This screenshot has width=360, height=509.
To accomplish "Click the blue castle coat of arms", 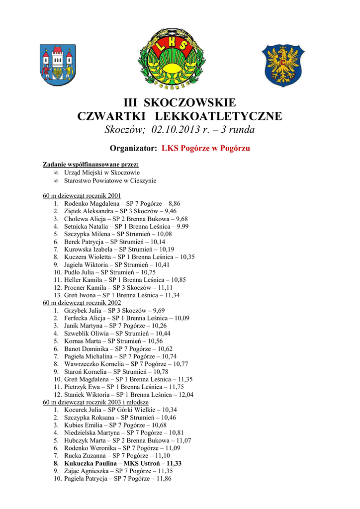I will [58, 65].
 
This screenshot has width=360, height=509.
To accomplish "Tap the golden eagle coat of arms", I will [283, 65].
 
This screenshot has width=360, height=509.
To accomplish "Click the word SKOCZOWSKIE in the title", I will [190, 103].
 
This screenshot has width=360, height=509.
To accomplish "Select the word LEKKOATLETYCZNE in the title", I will [219, 116].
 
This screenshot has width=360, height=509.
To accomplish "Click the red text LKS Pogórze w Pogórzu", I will [206, 149].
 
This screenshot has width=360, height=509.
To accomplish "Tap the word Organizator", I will [133, 149].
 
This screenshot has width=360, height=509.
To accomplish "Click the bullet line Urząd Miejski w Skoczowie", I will [101, 172].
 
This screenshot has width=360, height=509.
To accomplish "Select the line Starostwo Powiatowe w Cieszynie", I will [110, 180].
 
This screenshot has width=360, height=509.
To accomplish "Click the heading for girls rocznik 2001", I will [82, 196].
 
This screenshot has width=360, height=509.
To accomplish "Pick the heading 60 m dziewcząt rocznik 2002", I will [82, 303].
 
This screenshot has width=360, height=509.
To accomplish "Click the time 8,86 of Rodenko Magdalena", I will [174, 203].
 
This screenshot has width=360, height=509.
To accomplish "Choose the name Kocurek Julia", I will [83, 410].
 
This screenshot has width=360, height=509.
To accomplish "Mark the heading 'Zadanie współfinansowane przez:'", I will [90, 165].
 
